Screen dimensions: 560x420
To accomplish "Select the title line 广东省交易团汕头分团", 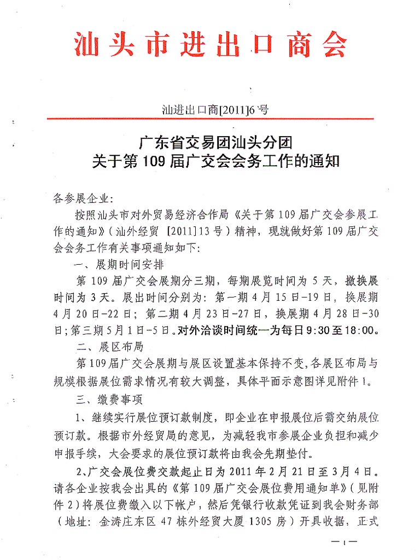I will tap(216, 143).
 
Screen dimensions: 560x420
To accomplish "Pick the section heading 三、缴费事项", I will tap(110, 400).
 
